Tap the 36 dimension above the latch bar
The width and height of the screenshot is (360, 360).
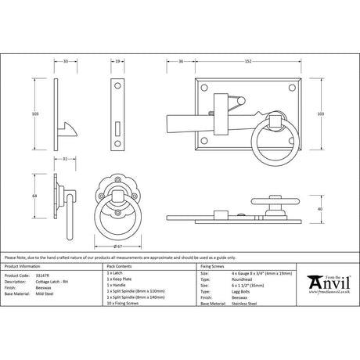180,60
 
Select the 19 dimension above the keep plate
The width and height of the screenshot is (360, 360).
117,60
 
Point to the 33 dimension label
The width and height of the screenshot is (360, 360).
66,60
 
